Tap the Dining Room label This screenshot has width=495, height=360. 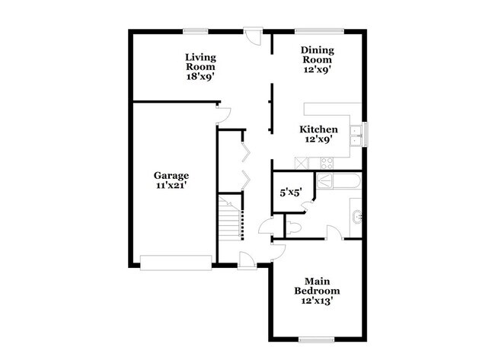pyautogui.click(x=316, y=56)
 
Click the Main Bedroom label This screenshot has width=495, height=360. pyautogui.click(x=317, y=286)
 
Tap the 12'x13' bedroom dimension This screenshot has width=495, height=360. pyautogui.click(x=317, y=301)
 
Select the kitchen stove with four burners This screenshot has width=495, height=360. pyautogui.click(x=327, y=163)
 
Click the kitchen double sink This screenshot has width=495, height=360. pyautogui.click(x=355, y=135)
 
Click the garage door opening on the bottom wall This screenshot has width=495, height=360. pyautogui.click(x=175, y=263)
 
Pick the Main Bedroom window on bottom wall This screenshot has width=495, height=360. pyautogui.click(x=318, y=339)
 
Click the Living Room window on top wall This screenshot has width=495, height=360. pyautogui.click(x=194, y=30)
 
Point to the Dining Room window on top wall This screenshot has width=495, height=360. pyautogui.click(x=313, y=30)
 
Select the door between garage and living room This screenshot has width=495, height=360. pyautogui.click(x=223, y=114)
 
